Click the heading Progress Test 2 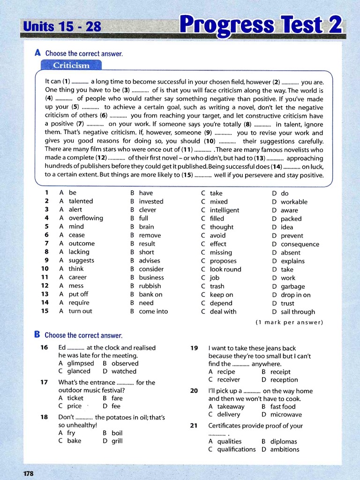(x=261, y=25)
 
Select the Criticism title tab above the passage (x=71, y=66)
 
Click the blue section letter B (x=37, y=335)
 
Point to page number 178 (x=29, y=473)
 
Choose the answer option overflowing (x=86, y=218)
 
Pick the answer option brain (x=146, y=227)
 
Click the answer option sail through (x=298, y=312)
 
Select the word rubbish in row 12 (x=150, y=286)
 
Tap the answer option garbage (x=292, y=286)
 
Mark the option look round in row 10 (x=225, y=270)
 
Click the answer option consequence (x=300, y=244)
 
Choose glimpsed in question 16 (x=81, y=363)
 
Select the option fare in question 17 (x=117, y=398)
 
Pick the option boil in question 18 (x=117, y=433)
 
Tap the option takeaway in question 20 (x=231, y=406)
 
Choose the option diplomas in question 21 (x=284, y=442)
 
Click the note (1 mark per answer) (x=289, y=322)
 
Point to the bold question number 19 (x=194, y=348)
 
